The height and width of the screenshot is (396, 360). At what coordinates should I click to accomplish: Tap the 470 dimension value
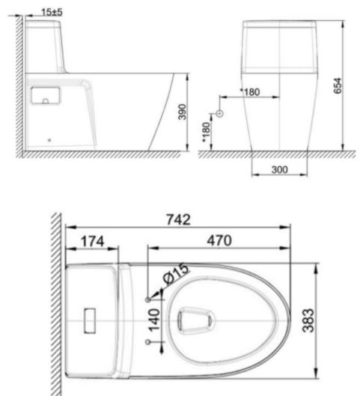click(219, 240)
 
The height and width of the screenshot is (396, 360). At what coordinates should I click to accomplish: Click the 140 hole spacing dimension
click(154, 320)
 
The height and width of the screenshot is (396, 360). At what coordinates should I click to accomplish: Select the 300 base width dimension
click(279, 170)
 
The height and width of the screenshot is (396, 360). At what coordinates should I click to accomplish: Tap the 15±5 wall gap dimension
click(51, 11)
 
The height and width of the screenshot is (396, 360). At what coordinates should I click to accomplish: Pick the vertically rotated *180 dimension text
click(206, 130)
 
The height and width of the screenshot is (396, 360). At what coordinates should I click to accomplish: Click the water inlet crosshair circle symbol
click(219, 113)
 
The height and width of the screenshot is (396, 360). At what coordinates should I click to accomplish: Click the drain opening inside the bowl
click(196, 320)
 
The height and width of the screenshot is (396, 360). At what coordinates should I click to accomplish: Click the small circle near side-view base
click(50, 139)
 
